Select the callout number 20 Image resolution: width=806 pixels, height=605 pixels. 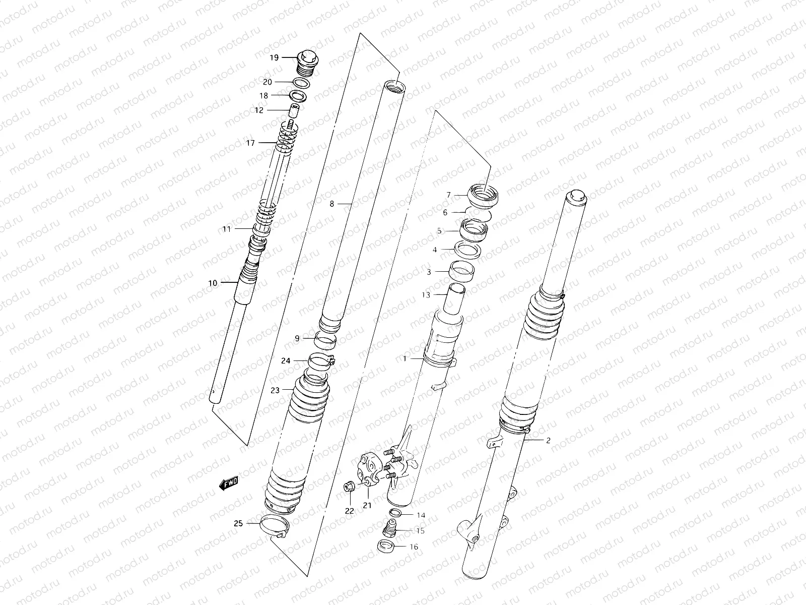click(x=267, y=82)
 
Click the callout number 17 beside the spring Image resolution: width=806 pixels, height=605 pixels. click(x=250, y=143)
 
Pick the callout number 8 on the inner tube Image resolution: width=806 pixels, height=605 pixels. click(x=331, y=204)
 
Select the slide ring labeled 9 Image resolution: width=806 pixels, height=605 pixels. click(x=325, y=340)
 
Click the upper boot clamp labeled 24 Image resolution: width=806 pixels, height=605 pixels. click(x=321, y=361)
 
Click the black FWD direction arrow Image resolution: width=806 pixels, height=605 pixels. click(x=229, y=483)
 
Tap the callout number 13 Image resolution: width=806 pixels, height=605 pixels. click(x=426, y=294)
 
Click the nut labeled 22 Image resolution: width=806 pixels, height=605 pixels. click(x=348, y=487)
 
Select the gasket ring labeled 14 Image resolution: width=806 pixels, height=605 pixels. click(x=396, y=514)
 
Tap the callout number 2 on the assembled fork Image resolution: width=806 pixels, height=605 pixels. click(x=548, y=440)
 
